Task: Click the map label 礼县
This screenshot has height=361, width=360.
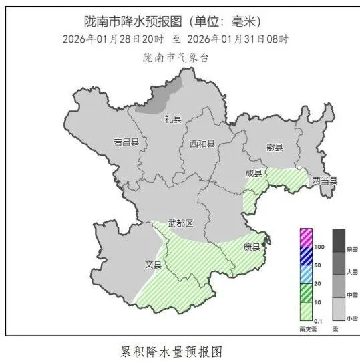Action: click(173, 119)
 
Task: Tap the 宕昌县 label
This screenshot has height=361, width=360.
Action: click(126, 142)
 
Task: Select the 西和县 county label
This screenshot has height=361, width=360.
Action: click(202, 144)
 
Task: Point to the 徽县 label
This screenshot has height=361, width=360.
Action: click(275, 147)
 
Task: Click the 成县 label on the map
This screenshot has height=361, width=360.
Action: click(254, 173)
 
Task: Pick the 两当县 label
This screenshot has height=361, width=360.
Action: click(325, 180)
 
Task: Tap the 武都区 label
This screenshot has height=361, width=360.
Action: click(180, 223)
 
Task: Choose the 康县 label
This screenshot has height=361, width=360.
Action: click(251, 247)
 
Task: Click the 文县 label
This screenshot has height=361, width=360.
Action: click(154, 265)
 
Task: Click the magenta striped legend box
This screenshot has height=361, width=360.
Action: click(305, 237)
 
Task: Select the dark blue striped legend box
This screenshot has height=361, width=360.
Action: click(305, 256)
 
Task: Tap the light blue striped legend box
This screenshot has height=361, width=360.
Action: click(305, 274)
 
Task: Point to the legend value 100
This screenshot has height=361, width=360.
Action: click(319, 247)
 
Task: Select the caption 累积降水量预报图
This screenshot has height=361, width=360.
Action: click(170, 350)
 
